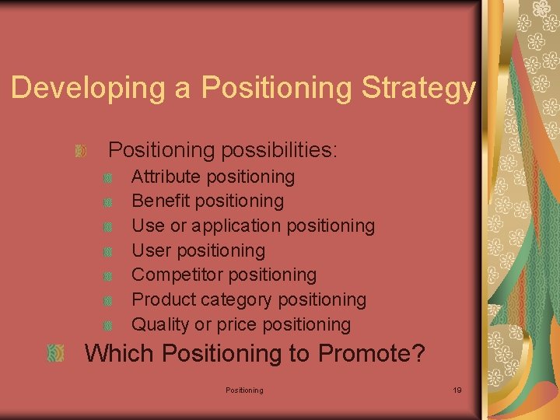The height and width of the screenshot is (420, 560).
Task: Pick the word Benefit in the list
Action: tap(161, 201)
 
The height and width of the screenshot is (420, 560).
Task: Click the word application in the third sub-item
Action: tap(236, 226)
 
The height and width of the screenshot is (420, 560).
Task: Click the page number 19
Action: tap(457, 390)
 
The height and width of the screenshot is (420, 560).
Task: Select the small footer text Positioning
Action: tap(244, 390)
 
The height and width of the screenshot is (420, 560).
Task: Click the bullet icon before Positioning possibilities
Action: tap(80, 149)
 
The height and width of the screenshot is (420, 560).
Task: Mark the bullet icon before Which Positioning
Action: tap(55, 354)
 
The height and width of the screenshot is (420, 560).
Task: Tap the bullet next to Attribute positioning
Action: tap(108, 178)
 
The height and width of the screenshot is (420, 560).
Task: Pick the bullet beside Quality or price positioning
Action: tap(108, 325)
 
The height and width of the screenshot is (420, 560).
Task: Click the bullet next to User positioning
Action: tap(108, 251)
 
